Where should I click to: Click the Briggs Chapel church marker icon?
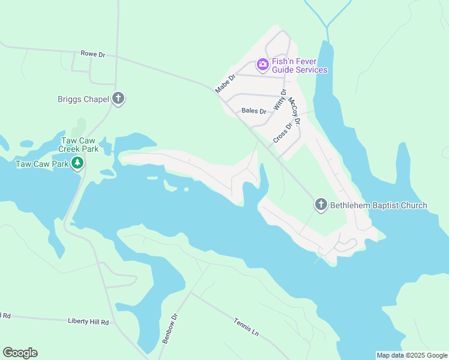[118, 98]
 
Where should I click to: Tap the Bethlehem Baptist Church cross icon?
[321, 205]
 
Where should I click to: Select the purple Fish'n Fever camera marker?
[262, 64]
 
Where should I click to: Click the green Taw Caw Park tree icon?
[77, 163]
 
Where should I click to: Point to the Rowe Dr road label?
[93, 54]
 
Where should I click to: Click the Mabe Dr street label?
[226, 83]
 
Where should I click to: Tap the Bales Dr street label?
[253, 111]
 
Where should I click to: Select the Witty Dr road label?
[280, 99]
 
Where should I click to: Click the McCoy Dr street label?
[294, 110]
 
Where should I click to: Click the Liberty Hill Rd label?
[88, 322]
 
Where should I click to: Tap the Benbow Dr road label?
[170, 328]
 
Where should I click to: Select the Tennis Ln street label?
[246, 327]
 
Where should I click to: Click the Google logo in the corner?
[20, 353]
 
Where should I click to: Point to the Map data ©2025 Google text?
[412, 355]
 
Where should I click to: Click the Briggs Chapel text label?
[83, 99]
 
